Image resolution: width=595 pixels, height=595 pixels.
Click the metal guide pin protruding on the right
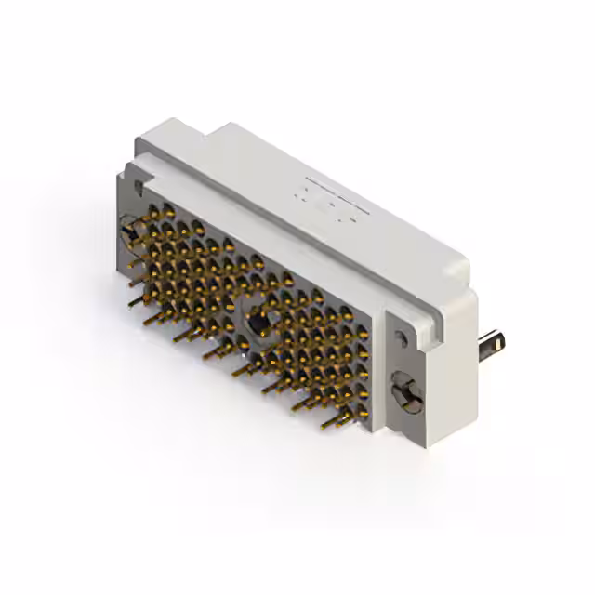click(491, 344)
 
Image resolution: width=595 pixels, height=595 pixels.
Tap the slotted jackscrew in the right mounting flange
click(406, 391)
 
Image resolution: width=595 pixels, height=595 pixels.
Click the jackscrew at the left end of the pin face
click(128, 227)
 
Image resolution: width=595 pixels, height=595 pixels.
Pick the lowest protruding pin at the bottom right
click(329, 423)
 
